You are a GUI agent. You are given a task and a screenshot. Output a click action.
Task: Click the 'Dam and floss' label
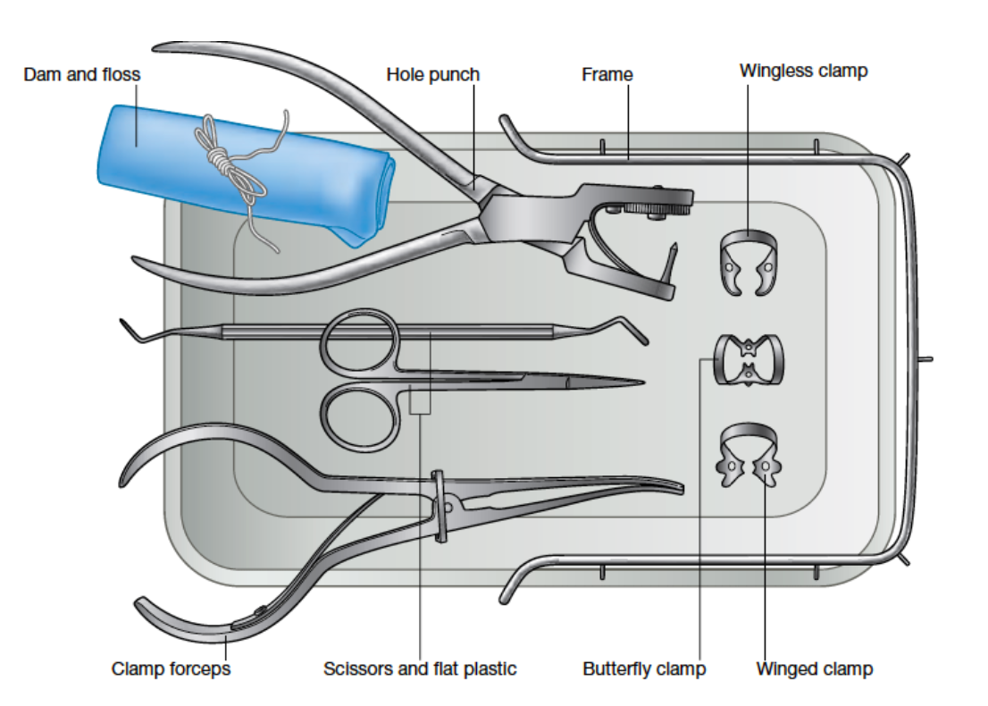(81, 75)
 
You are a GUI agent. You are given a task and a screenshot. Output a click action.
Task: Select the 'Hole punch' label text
(432, 75)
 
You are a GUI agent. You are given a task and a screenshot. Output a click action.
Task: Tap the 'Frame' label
(607, 75)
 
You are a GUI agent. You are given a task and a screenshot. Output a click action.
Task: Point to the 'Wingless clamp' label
(803, 71)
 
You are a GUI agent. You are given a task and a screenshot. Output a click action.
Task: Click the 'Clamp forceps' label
(171, 668)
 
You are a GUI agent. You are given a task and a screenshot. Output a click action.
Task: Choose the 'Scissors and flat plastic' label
(420, 668)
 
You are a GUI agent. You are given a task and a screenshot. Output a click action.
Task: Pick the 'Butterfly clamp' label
(644, 668)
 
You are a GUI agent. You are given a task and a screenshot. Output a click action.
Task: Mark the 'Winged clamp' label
(814, 668)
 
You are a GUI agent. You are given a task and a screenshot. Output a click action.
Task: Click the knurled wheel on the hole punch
(649, 210)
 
